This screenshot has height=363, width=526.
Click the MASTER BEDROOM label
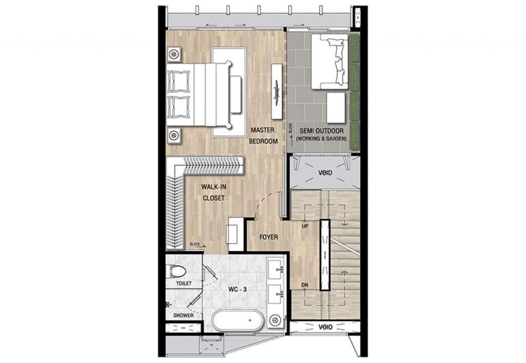pos(264,136)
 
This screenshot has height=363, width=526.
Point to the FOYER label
pos(269,237)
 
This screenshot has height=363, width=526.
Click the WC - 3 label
pos(238,289)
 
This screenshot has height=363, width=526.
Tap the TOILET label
pos(183,283)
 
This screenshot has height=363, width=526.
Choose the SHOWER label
pos(183,315)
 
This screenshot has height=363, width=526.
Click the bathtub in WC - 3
pos(238,321)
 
